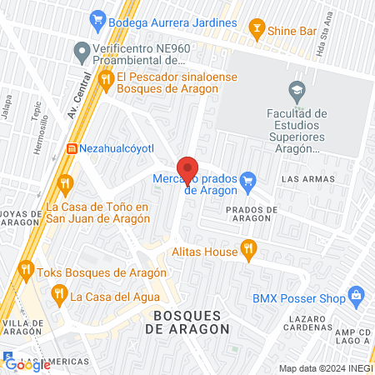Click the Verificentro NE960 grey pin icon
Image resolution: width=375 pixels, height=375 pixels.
(82, 54)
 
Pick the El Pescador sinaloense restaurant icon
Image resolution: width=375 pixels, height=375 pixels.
(105, 80)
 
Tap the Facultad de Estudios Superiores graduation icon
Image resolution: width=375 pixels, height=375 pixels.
(296, 89)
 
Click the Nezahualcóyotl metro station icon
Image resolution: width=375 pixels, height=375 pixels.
(72, 148)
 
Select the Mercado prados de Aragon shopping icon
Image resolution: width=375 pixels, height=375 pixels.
(247, 179)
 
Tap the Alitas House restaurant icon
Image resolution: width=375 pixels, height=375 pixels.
(247, 247)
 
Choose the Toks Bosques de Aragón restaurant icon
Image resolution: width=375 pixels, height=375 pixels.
(26, 271)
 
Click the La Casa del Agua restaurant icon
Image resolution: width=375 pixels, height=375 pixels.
(58, 293)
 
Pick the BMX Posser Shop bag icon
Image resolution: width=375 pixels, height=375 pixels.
(357, 294)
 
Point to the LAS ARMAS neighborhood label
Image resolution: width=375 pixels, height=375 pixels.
(307, 179)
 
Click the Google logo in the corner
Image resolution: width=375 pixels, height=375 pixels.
(27, 364)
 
